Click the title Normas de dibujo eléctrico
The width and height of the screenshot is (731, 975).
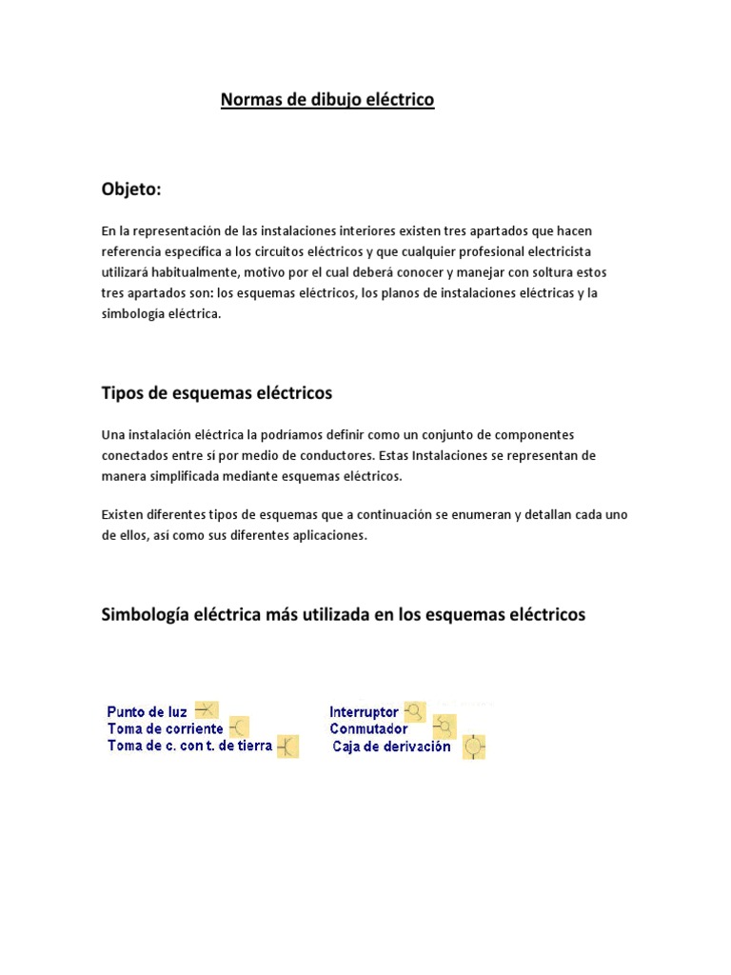click(x=327, y=100)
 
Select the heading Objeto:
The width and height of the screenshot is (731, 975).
click(x=131, y=189)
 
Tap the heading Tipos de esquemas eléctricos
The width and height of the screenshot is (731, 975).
click(x=217, y=392)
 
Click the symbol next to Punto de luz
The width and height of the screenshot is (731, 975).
click(x=207, y=709)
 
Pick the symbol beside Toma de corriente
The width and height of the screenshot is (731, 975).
click(x=238, y=727)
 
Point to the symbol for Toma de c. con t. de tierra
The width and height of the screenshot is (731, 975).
click(x=287, y=746)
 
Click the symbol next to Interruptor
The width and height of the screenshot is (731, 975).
click(x=415, y=710)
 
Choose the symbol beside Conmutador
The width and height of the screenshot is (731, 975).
click(x=445, y=728)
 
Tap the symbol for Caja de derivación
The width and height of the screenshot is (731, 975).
click(x=474, y=746)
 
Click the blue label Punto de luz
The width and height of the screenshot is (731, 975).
click(x=148, y=711)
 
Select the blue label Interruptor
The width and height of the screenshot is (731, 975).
click(x=364, y=711)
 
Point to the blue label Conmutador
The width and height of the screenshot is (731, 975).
click(x=368, y=728)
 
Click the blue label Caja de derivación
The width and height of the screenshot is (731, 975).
click(x=391, y=746)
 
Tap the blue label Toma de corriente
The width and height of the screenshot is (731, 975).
click(x=166, y=728)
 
